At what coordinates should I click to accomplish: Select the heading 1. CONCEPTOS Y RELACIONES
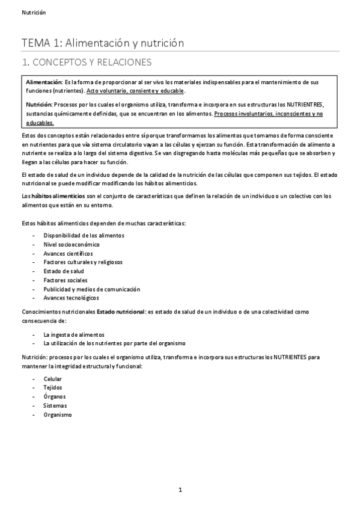click(87, 62)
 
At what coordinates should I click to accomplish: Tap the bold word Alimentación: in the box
click(44, 81)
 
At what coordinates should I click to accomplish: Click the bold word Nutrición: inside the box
click(39, 104)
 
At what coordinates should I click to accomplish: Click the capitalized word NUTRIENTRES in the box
click(304, 104)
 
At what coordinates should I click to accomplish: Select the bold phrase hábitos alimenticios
click(59, 196)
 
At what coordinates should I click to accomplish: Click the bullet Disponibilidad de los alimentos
click(84, 235)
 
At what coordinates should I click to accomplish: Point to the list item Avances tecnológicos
click(72, 298)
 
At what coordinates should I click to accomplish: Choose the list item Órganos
click(55, 397)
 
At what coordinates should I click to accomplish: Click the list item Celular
click(53, 379)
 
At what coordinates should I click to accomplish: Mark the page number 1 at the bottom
click(180, 490)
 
